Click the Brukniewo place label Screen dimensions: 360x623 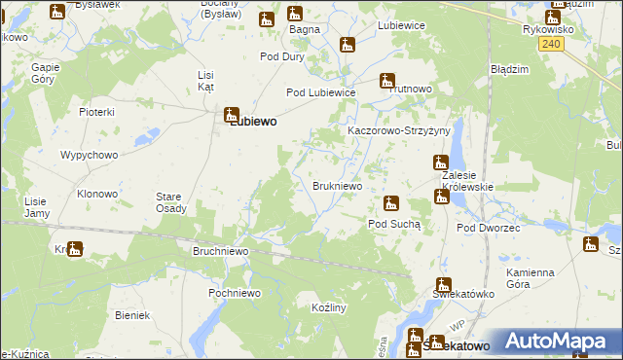pos(338,185)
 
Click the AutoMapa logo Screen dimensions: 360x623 pos(562,342)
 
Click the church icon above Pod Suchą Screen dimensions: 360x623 pos(391,203)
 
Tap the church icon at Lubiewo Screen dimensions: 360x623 pos(232,113)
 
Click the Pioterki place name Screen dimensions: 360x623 pos(97,113)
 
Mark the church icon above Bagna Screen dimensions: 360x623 pos(293,14)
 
